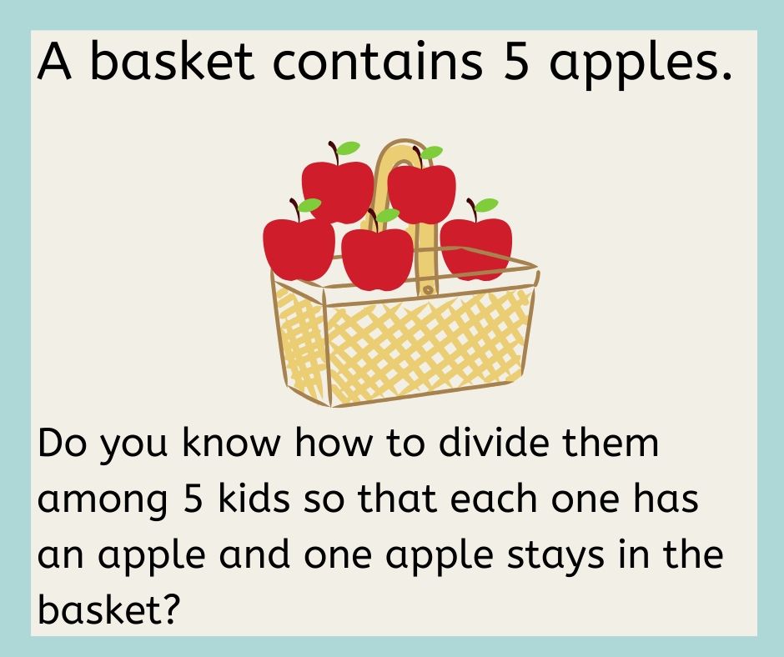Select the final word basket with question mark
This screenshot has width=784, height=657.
(x=108, y=610)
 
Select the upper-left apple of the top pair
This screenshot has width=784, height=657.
(x=337, y=188)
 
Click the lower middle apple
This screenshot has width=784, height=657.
(x=377, y=256)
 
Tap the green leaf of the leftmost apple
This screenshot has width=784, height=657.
(x=309, y=204)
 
